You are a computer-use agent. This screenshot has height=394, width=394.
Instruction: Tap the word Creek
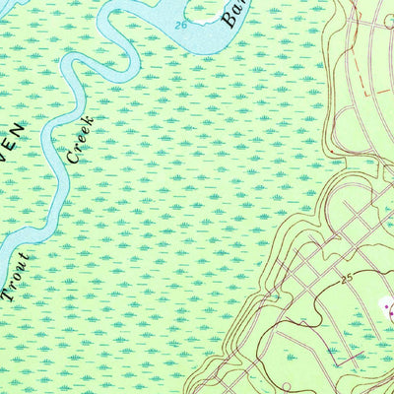(x=79, y=139)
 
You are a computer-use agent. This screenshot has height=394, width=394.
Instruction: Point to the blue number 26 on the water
(x=180, y=24)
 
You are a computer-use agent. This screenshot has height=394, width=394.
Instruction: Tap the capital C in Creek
(x=71, y=157)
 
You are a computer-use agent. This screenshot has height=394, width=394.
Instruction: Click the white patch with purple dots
(x=387, y=312)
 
